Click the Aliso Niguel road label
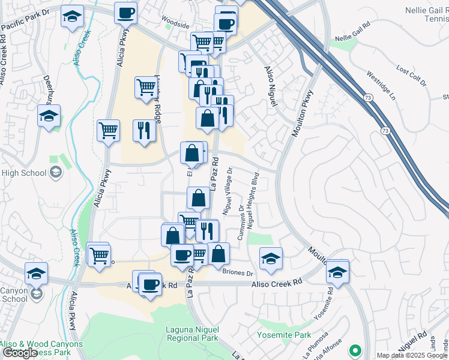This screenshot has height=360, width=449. coord(270,86)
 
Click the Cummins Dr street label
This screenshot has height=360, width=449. coord(241,224)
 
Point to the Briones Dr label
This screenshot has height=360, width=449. coord(238,273)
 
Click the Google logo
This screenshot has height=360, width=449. coord(20,353)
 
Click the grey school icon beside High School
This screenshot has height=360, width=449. coord(56,173)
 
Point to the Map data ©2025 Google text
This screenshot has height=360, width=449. coord(412,355)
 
